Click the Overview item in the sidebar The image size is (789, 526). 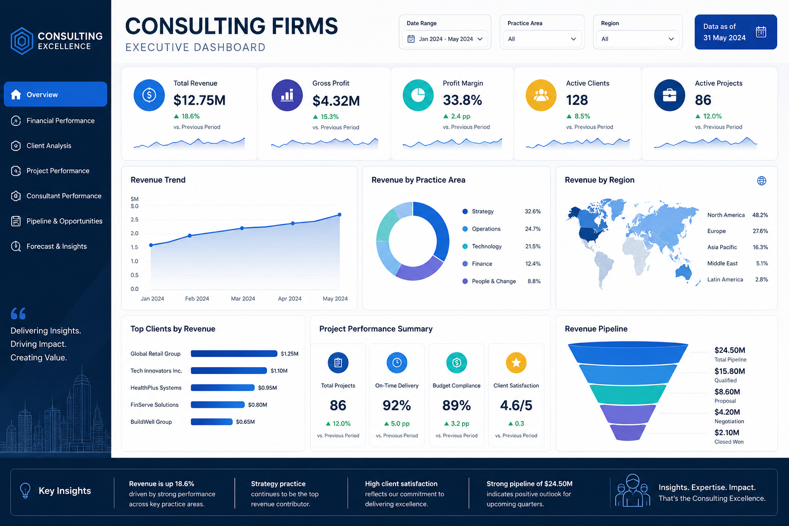coord(55,94)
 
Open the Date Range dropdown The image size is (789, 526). coord(445,39)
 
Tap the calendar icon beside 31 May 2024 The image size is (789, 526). coord(761,32)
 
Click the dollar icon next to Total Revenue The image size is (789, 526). coord(149,95)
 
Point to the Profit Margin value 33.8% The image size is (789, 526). coord(462,100)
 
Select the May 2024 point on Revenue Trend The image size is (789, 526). coord(340,215)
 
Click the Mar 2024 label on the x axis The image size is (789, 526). coord(242,298)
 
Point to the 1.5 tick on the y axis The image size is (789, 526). coord(135,247)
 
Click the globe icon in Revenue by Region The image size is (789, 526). coord(762,181)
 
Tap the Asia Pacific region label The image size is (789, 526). coord(722,247)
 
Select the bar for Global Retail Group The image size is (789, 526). coord(234,353)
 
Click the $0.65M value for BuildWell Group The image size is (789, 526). coord(245,422)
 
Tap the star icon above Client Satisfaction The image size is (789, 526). coord(516,363)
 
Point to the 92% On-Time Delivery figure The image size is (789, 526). coord(397,405)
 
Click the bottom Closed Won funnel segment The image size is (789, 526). coord(628,433)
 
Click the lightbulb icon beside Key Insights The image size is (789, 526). coord(25,491)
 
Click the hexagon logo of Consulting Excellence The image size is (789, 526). coord(22,41)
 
